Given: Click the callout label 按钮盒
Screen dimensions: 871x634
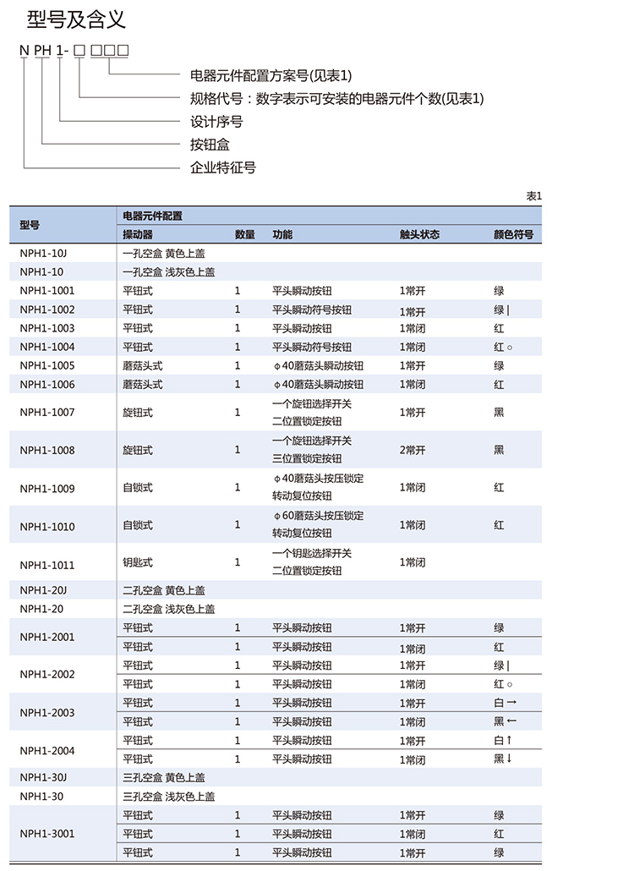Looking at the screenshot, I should [210, 145].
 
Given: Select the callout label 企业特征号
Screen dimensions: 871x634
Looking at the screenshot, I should [223, 167].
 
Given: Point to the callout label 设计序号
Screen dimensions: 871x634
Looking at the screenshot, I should [216, 122].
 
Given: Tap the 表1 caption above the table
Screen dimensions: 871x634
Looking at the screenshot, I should [533, 196].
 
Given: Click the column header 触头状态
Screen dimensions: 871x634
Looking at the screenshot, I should [419, 234].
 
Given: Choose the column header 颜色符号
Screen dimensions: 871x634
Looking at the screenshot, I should [513, 234].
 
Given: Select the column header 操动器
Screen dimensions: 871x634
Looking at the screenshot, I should [138, 234].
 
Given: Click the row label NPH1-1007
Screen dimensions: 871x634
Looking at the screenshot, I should [47, 413].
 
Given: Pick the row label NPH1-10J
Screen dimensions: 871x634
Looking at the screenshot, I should [43, 253].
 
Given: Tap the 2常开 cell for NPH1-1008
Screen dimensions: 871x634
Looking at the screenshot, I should [413, 450].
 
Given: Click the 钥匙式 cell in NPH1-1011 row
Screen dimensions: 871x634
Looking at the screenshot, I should [138, 562].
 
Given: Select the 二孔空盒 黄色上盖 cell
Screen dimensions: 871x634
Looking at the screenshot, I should [164, 590].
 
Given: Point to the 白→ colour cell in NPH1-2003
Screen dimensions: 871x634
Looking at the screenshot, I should [505, 703].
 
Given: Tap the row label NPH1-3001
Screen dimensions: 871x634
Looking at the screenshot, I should [47, 834].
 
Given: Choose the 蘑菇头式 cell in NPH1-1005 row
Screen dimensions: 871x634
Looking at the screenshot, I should [142, 365].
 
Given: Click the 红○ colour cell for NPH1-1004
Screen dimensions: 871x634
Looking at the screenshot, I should [504, 347].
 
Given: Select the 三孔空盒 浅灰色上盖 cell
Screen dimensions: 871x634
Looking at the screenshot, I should [169, 797].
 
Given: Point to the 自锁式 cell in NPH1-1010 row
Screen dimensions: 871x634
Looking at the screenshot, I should [138, 525].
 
